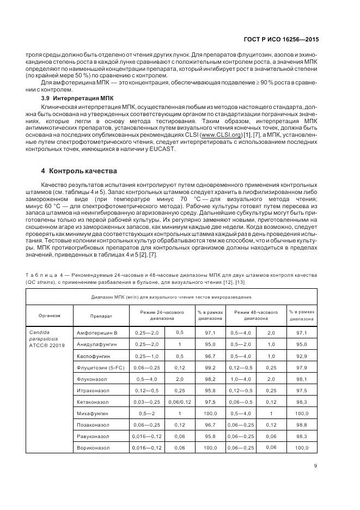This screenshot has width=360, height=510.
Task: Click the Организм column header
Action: (49, 315)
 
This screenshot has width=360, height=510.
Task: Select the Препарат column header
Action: (101, 315)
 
